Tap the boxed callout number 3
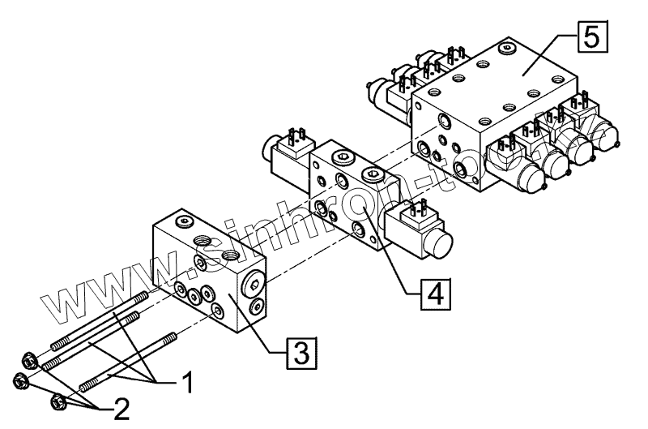[300, 352]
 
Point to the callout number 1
[185, 382]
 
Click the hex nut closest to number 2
[58, 401]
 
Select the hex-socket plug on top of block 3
[185, 221]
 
